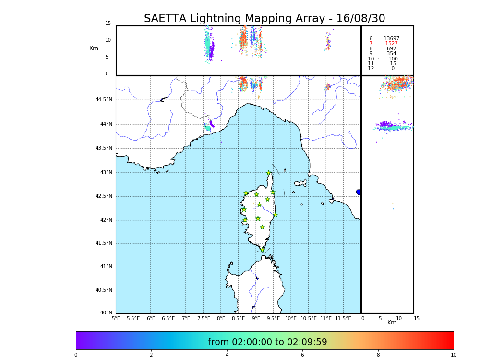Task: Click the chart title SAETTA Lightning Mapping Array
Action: (264, 19)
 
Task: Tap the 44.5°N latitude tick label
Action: (104, 100)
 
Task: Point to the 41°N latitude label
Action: (106, 267)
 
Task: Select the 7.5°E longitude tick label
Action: (204, 318)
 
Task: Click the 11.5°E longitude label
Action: (344, 318)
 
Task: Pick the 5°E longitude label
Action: (116, 318)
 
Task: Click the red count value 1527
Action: (391, 44)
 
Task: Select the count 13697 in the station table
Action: (391, 38)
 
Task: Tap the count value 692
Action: (391, 48)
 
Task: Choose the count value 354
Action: (391, 54)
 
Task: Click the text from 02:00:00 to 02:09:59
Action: (267, 342)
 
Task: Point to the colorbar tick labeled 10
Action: (453, 355)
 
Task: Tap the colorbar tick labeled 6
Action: (302, 355)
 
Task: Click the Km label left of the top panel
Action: (94, 48)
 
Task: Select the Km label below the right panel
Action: (392, 323)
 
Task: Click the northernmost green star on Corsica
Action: (269, 173)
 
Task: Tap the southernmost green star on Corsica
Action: (263, 250)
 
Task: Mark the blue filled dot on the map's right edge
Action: (359, 192)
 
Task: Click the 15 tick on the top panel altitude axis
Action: (108, 24)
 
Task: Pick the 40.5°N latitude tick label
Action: (104, 290)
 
